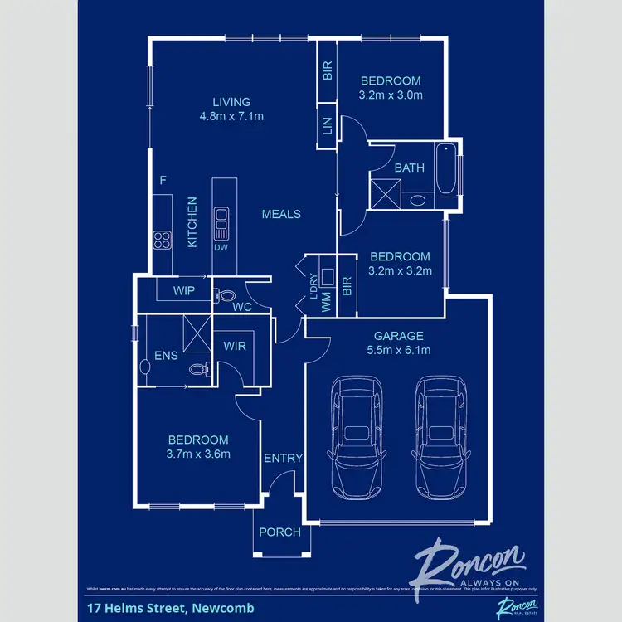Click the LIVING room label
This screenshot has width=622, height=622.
(231, 103)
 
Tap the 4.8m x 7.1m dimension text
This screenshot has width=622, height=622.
(231, 117)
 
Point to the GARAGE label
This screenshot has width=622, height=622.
(398, 336)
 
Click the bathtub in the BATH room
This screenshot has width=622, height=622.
(446, 176)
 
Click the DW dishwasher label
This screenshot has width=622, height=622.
(221, 247)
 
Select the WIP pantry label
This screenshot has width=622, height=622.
(184, 291)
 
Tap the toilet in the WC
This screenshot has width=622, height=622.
(222, 294)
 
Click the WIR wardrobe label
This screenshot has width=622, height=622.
(235, 347)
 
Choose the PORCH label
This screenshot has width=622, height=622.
(280, 532)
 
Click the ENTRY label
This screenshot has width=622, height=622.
(283, 459)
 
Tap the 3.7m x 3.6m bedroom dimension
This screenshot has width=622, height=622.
(198, 454)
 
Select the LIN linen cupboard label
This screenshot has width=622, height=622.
(327, 125)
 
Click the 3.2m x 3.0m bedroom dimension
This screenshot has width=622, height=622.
(390, 95)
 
